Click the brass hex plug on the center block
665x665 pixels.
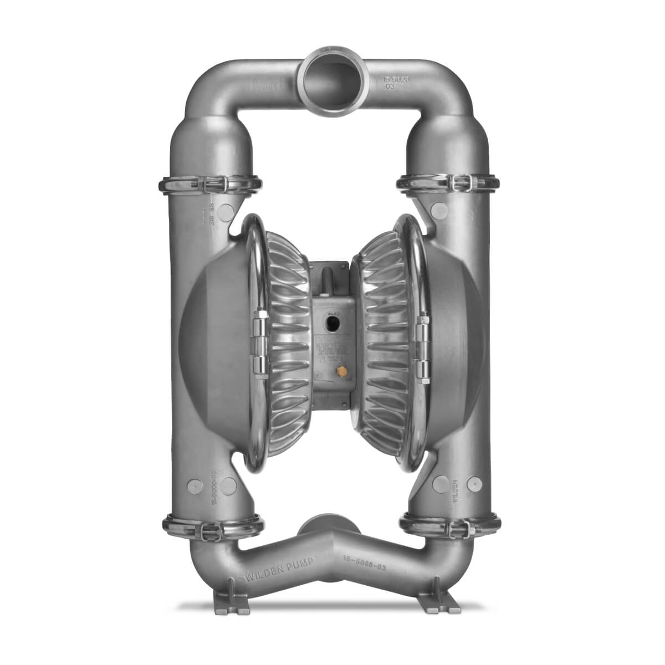(x=334, y=369)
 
